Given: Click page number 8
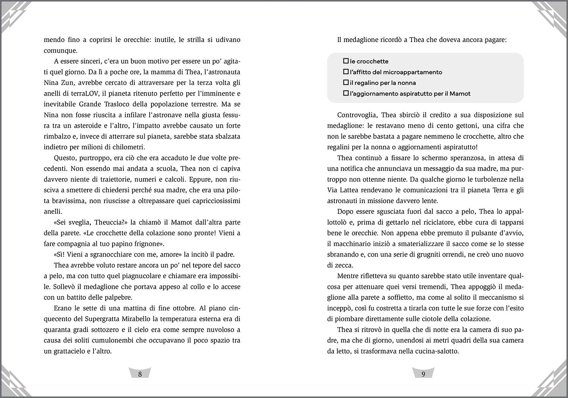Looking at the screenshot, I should (140, 374).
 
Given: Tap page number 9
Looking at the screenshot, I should (423, 374).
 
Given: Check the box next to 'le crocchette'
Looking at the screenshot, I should (346, 61).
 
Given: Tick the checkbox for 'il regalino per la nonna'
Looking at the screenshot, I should (346, 83).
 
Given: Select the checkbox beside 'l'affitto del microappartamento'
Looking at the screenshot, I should (346, 72).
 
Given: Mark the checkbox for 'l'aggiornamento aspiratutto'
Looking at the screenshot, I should (346, 93).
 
